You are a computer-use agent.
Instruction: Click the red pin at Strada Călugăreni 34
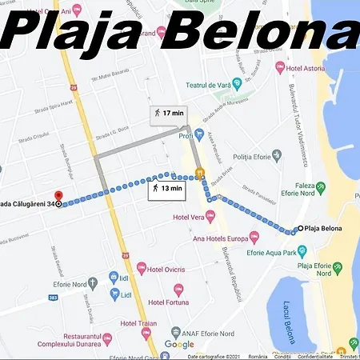pyautogui.click(x=57, y=196)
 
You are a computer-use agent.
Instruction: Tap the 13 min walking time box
pyautogui.click(x=166, y=189)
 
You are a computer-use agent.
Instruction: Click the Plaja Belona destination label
pyautogui.click(x=323, y=230)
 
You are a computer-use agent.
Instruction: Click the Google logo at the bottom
pyautogui.click(x=179, y=344)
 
